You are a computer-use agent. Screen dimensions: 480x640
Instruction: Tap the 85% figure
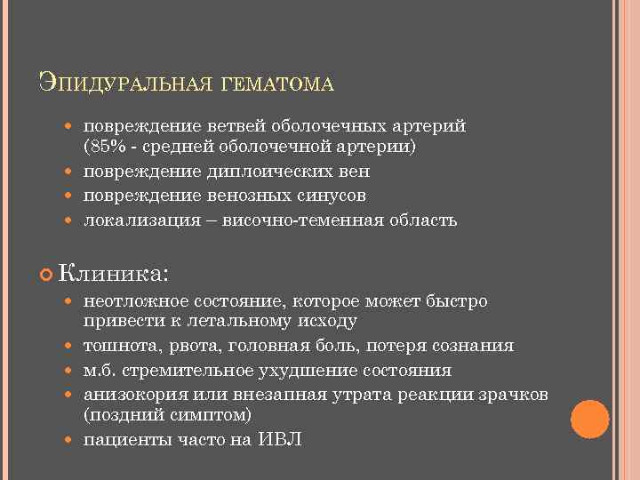(x=105, y=147)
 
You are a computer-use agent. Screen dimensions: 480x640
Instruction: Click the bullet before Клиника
(x=47, y=269)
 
